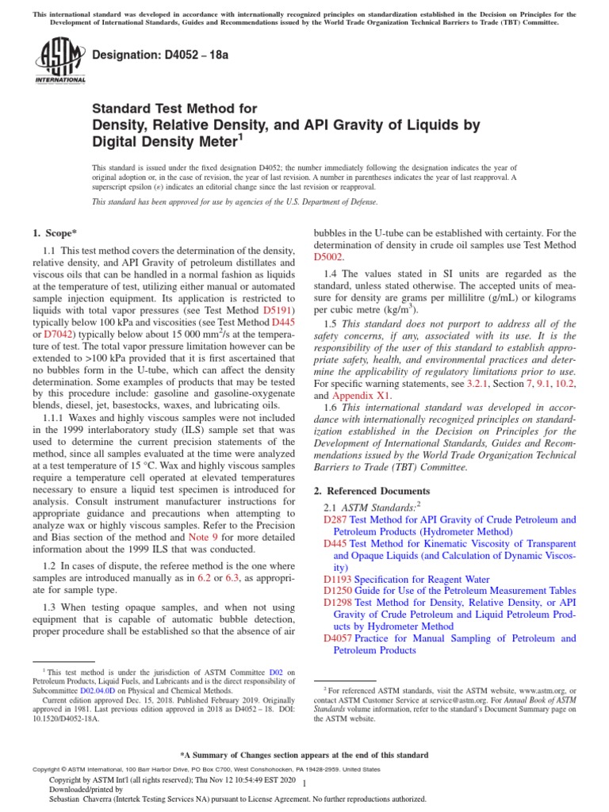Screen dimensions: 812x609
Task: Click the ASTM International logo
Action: tap(59, 61)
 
